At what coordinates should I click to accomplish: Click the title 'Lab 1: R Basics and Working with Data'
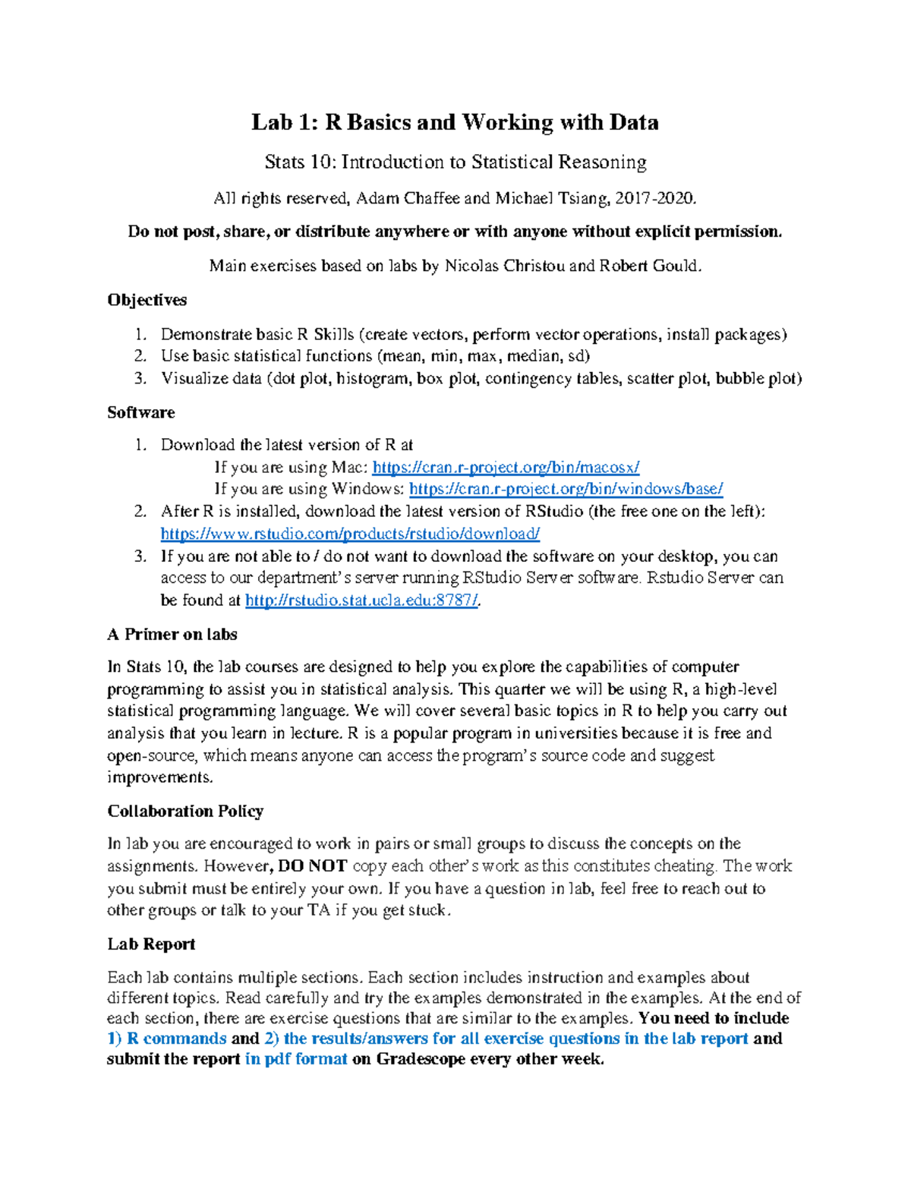pyautogui.click(x=455, y=122)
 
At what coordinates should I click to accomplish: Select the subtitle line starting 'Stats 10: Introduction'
pyautogui.click(x=455, y=162)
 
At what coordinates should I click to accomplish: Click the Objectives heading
pyautogui.click(x=147, y=300)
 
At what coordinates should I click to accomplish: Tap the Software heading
pyautogui.click(x=140, y=412)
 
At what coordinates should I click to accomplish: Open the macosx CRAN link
pyautogui.click(x=506, y=467)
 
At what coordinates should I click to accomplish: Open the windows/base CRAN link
pyautogui.click(x=566, y=489)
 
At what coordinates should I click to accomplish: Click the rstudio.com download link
pyautogui.click(x=350, y=534)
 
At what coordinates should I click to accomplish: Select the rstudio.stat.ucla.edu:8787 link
pyautogui.click(x=361, y=601)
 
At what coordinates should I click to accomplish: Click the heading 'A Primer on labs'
pyautogui.click(x=172, y=634)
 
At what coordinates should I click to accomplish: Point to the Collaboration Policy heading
pyautogui.click(x=185, y=811)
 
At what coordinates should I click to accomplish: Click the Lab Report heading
pyautogui.click(x=151, y=944)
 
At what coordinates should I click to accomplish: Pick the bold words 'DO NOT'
pyautogui.click(x=313, y=865)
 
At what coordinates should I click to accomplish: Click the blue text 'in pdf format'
pyautogui.click(x=296, y=1059)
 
